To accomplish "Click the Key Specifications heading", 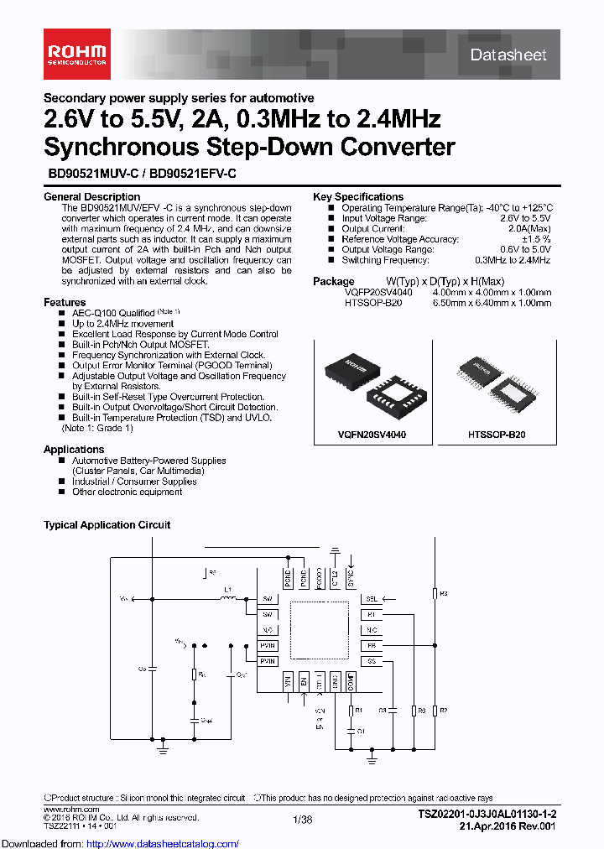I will [x=358, y=197].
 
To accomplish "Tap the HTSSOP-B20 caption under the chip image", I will [x=497, y=436].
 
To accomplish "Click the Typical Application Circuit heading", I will [x=107, y=525].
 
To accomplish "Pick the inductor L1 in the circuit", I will [x=226, y=598].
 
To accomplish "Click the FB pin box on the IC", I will [x=371, y=646].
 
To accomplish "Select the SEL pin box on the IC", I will [x=371, y=600].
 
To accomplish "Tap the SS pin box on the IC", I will [x=371, y=661].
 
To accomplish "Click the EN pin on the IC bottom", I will [x=304, y=683].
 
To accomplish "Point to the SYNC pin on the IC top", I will [x=351, y=579].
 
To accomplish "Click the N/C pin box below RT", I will [x=371, y=630].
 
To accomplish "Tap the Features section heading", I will [x=65, y=302].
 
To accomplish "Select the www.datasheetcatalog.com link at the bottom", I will [x=120, y=843].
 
